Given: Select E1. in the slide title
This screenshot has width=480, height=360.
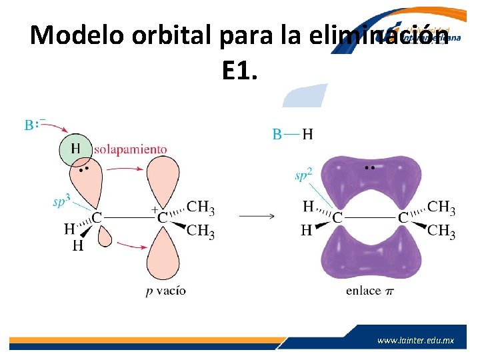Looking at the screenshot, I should [239, 69].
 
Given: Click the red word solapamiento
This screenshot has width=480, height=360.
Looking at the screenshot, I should [130, 149].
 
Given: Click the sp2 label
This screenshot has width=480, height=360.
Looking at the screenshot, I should [303, 176].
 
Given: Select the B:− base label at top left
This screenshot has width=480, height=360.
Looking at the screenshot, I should [35, 125].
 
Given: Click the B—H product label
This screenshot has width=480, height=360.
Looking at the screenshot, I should [292, 135].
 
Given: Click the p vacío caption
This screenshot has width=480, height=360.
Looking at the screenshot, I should [166, 290].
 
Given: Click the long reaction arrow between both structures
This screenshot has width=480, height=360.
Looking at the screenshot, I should [257, 216].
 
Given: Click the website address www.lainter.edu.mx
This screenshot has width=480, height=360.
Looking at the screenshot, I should [415, 340].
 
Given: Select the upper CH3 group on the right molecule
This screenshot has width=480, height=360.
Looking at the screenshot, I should [441, 208].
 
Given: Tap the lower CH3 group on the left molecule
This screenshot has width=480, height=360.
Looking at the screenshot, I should [201, 231].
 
